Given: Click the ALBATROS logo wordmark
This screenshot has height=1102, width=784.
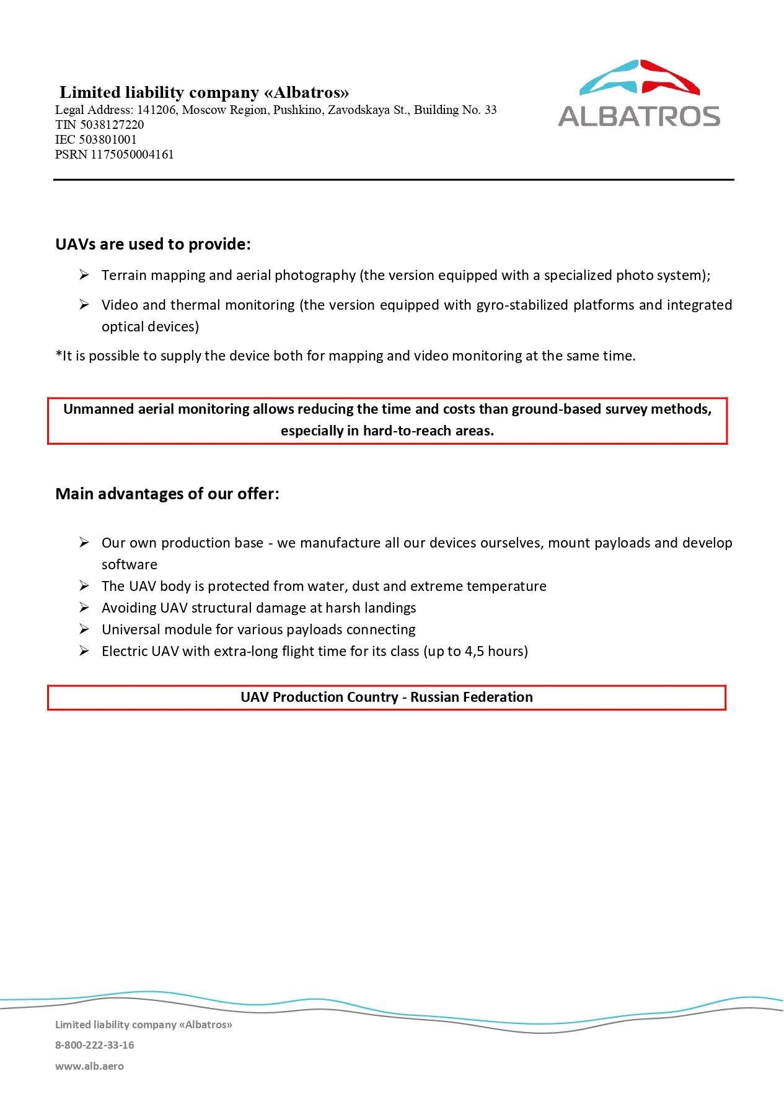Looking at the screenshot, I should click(639, 116).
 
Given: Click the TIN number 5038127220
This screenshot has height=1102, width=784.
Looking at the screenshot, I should click(112, 125).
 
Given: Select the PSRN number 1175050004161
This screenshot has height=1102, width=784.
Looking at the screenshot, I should click(132, 154).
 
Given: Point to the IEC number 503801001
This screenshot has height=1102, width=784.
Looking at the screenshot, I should click(107, 139).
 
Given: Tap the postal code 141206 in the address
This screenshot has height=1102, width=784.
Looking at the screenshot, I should click(156, 110).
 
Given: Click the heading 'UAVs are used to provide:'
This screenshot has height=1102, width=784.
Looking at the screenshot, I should click(153, 244).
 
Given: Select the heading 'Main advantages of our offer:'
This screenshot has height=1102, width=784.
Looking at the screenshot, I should click(167, 494).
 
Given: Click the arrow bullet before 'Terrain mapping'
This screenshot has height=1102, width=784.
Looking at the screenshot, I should click(84, 275).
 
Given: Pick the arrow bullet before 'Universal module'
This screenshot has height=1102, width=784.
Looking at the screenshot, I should click(84, 629).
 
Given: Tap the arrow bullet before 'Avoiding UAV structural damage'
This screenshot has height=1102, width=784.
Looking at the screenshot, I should click(84, 608).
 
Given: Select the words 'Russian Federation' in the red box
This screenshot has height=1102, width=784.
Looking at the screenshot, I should click(471, 697).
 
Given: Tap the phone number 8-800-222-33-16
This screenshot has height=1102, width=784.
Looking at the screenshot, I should click(95, 1045).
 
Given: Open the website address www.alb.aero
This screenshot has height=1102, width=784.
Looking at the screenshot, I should click(89, 1066).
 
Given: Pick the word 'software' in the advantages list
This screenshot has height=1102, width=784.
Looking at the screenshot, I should click(130, 564).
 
